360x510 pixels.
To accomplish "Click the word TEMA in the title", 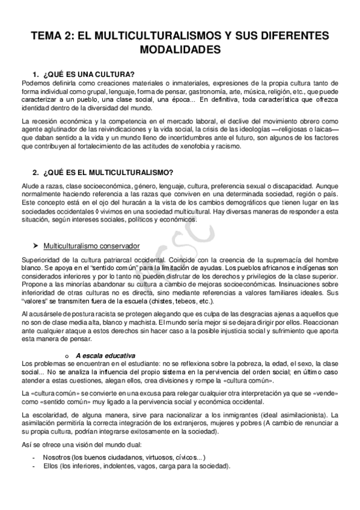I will click(50, 35).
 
